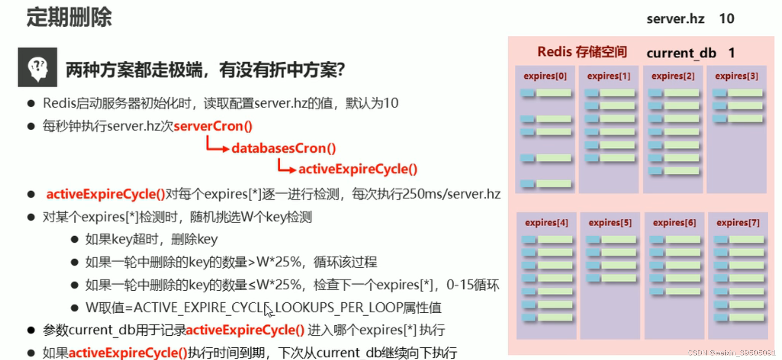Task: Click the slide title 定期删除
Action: coord(69,18)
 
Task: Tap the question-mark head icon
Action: coord(37,67)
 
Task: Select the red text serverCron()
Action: coord(213,126)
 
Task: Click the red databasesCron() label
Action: coord(284,148)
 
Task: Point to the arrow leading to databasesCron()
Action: coord(217,146)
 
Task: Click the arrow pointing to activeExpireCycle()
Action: coord(286,167)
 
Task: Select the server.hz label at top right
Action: coord(675,19)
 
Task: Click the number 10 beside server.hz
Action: coord(726,19)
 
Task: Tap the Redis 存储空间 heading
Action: coord(582,52)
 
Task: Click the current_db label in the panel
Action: coord(681,53)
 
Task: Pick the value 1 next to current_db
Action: coord(731,53)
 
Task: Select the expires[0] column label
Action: coord(545,76)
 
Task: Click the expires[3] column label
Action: coord(736,76)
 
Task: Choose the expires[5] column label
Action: coord(610,222)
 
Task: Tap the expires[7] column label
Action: coord(738,222)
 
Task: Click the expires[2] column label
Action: coord(673,76)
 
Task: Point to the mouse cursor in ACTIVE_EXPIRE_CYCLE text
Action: coord(268,310)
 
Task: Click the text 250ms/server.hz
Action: coord(451,194)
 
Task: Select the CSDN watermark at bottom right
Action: coord(731,353)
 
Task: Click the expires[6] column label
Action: coord(674,222)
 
